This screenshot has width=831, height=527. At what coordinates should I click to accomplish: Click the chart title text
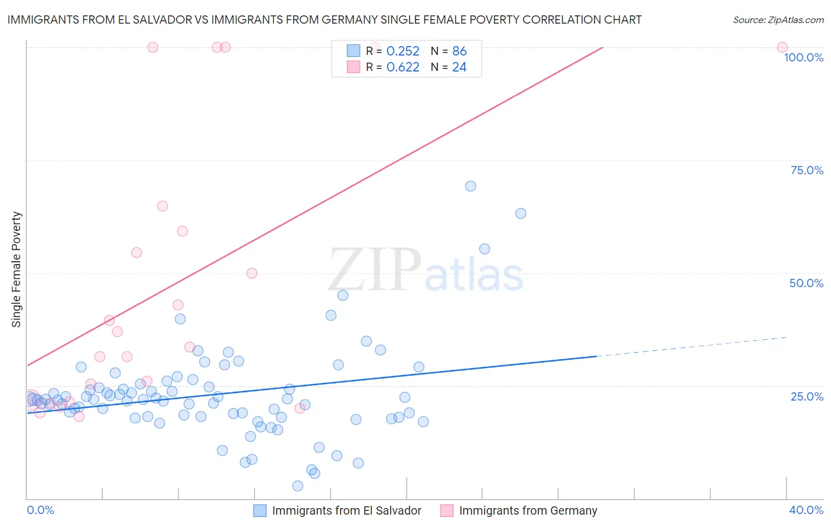tap(324, 19)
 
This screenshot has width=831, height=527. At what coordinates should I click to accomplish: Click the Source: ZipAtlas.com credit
tap(778, 19)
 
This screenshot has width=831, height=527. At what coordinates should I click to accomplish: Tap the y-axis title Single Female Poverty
tap(17, 269)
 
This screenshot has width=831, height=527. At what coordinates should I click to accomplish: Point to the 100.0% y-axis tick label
tap(803, 57)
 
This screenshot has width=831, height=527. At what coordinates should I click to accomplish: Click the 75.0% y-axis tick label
tap(807, 170)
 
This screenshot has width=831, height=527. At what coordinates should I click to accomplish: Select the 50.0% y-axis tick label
tap(806, 283)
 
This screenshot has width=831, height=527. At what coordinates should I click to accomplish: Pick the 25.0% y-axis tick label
tap(807, 396)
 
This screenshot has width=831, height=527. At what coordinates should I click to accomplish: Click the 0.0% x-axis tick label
tap(40, 510)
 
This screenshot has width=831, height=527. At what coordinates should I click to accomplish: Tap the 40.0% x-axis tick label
tap(806, 510)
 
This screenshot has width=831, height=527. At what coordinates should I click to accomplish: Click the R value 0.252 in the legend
tap(402, 51)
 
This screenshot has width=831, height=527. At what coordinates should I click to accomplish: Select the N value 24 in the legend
tap(459, 67)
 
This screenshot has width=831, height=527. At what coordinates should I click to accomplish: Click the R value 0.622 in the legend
tap(402, 67)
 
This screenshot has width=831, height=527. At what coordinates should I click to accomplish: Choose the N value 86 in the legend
tap(459, 51)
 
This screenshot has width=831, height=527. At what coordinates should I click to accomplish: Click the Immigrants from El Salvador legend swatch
tap(260, 510)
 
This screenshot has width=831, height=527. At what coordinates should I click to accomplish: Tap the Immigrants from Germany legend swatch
tap(447, 510)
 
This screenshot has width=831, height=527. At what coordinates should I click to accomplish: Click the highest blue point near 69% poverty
tap(470, 186)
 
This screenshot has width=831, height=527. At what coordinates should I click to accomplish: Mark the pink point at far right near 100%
tap(782, 47)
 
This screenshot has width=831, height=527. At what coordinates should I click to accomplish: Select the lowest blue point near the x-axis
tap(298, 486)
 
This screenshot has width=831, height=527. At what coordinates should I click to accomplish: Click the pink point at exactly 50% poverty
tap(252, 273)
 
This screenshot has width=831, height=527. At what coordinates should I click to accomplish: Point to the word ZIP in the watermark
tap(375, 269)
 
